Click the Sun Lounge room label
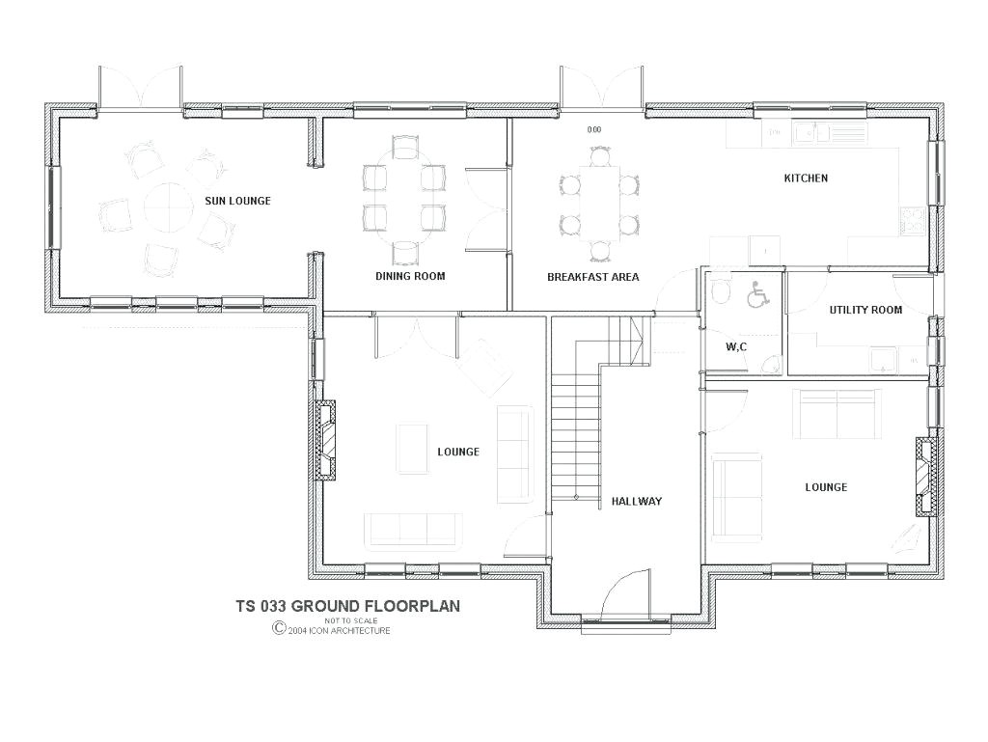pos(237,201)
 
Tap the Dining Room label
pos(410,276)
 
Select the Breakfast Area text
pos(592,277)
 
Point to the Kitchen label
pos(805,179)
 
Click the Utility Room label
pos(865,310)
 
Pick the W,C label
pos(735,346)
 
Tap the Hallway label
pos(636,501)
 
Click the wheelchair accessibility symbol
pos(758,294)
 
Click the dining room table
pos(405,204)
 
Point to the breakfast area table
pos(600,202)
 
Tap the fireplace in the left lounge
pos(328,439)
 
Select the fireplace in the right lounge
pos(926,476)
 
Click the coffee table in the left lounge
pos(413,449)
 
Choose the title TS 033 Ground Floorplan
pos(347,606)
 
